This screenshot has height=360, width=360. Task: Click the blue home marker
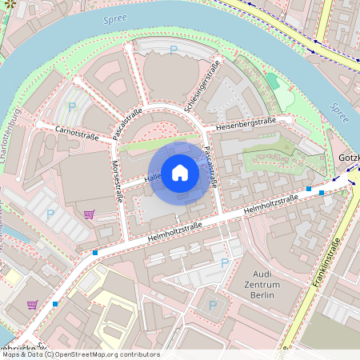coord(180,172)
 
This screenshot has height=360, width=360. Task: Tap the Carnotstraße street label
coord(76,132)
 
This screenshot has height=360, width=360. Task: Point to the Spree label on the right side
coord(338,113)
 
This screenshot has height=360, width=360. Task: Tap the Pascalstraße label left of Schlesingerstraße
coord(127,123)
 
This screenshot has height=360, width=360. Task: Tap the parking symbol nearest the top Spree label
coord(174,51)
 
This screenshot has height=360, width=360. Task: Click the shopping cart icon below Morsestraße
coord(89,214)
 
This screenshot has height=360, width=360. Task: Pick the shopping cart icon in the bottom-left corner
coord(32,305)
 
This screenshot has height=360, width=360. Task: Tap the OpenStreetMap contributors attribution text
coord(112,354)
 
